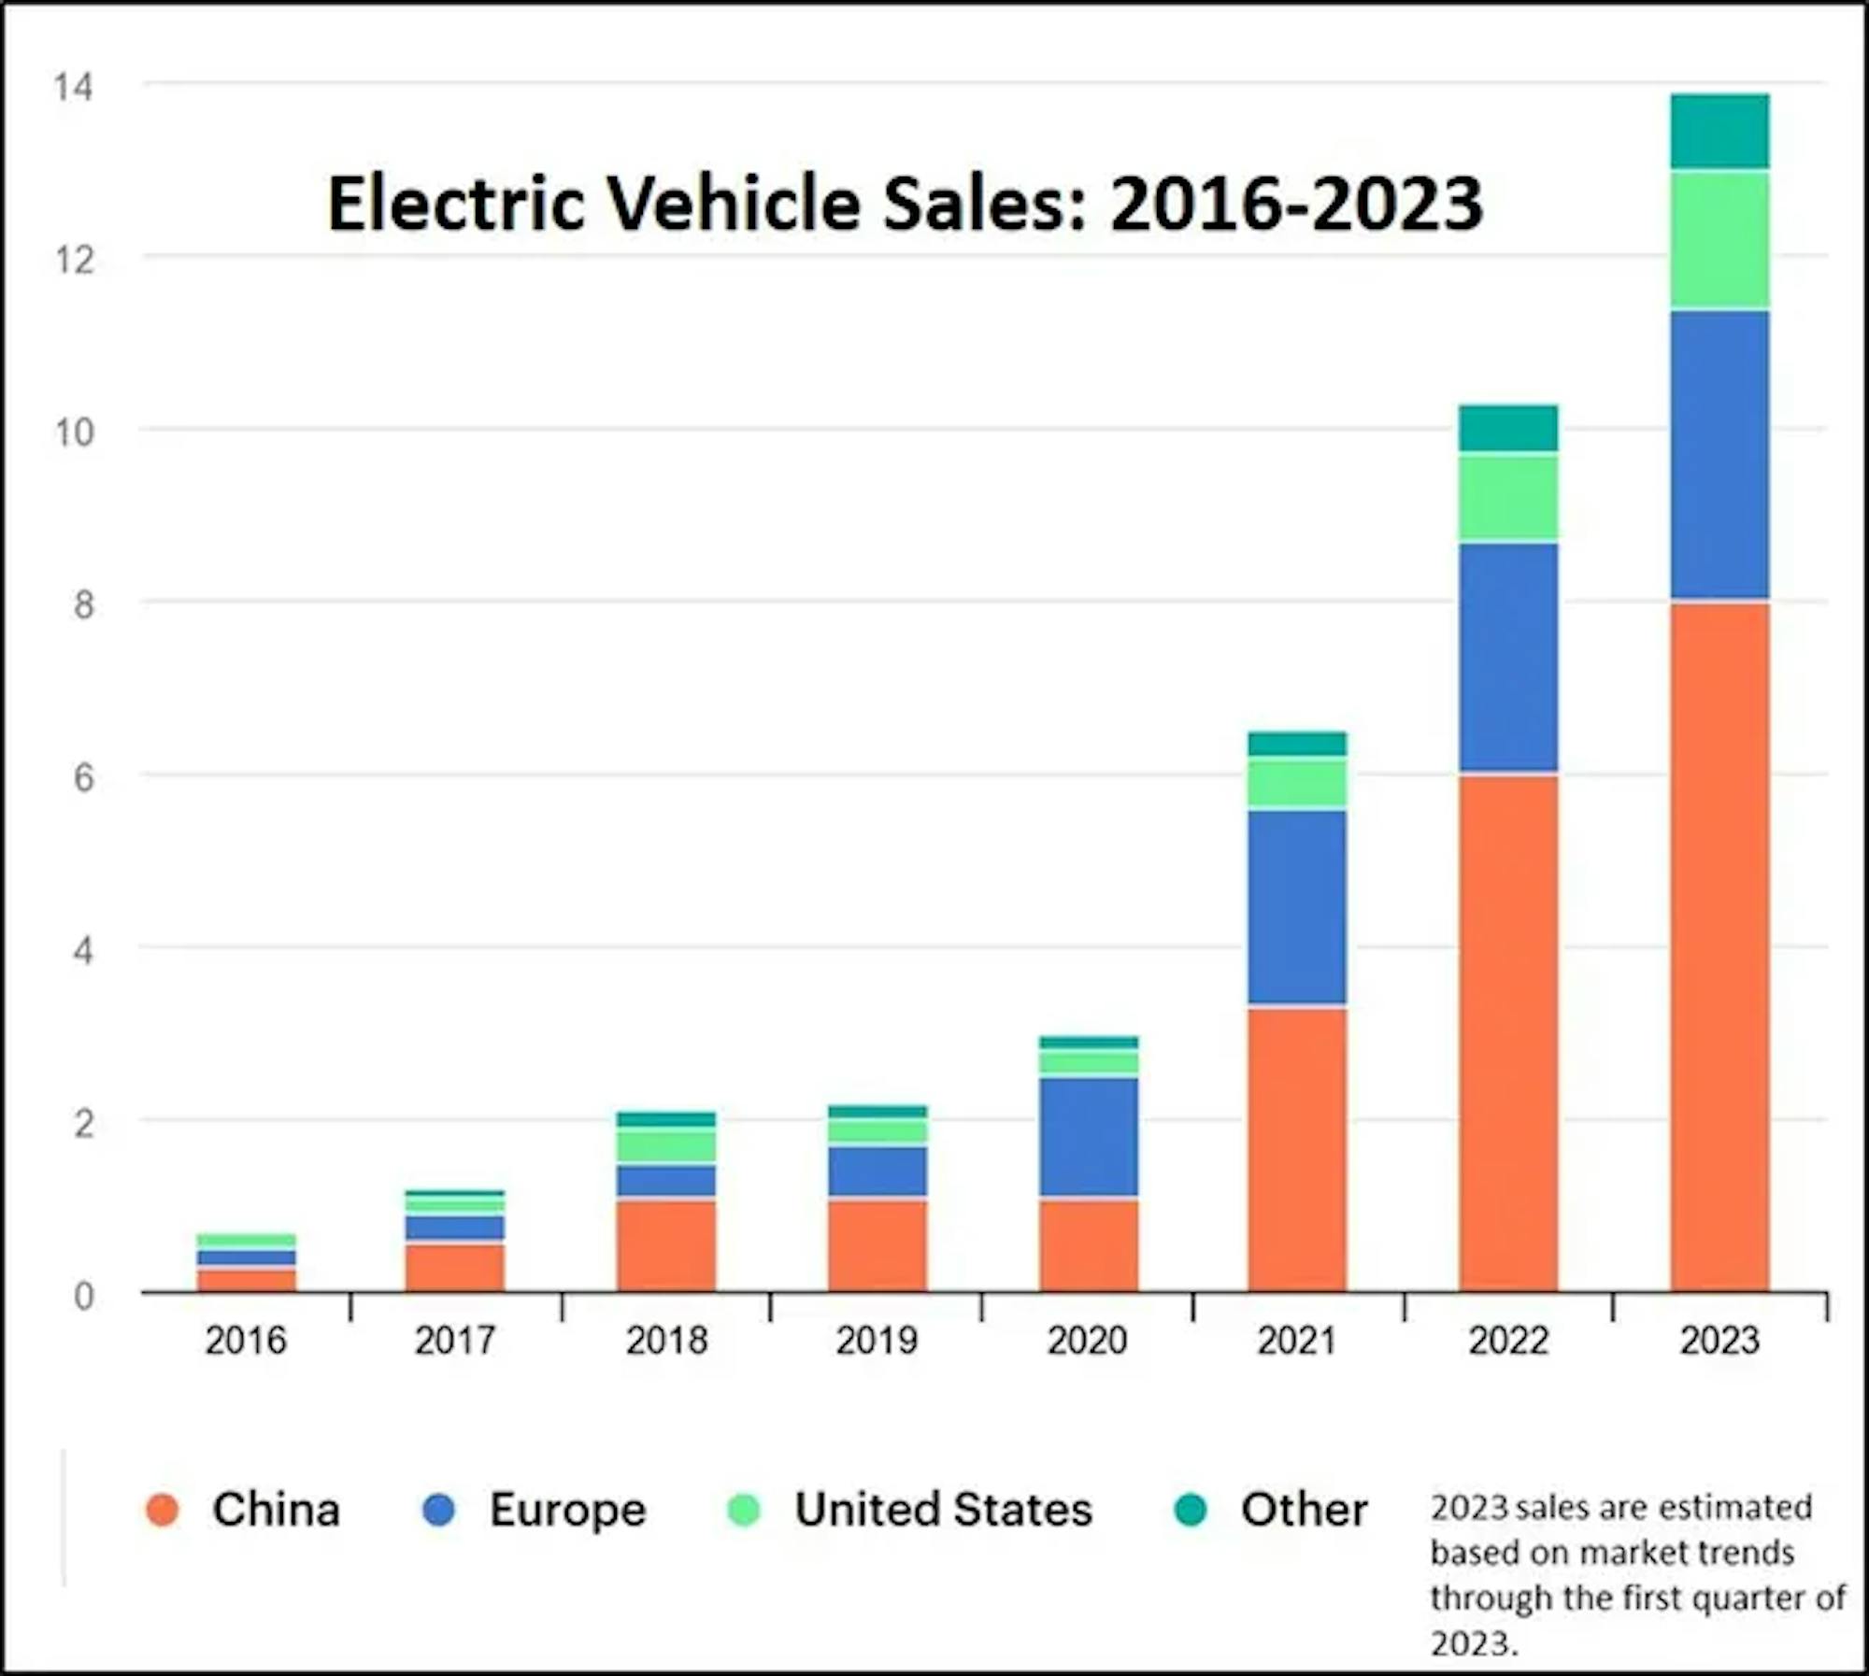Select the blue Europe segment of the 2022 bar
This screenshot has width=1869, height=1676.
pos(1508,658)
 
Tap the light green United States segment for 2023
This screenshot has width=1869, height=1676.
pos(1719,240)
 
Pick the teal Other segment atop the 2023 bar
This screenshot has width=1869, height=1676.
pos(1719,132)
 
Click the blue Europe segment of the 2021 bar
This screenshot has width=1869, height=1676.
pos(1297,907)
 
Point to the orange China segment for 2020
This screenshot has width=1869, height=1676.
pos(1089,1245)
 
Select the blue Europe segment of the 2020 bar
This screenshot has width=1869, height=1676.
pos(1089,1137)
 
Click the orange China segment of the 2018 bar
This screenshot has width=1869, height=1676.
pos(666,1245)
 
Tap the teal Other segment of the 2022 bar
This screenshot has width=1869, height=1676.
pos(1508,429)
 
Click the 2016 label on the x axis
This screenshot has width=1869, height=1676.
pos(246,1342)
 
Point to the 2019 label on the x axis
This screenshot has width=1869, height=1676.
pos(877,1342)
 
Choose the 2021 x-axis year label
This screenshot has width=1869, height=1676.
pos(1297,1342)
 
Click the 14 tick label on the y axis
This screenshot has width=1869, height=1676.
pos(74,88)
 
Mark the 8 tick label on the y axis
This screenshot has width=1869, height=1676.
pos(83,605)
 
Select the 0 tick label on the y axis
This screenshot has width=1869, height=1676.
pos(83,1297)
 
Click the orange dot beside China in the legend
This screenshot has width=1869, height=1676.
pos(163,1510)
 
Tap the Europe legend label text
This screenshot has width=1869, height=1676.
pos(567,1510)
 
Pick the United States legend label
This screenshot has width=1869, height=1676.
pos(943,1510)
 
